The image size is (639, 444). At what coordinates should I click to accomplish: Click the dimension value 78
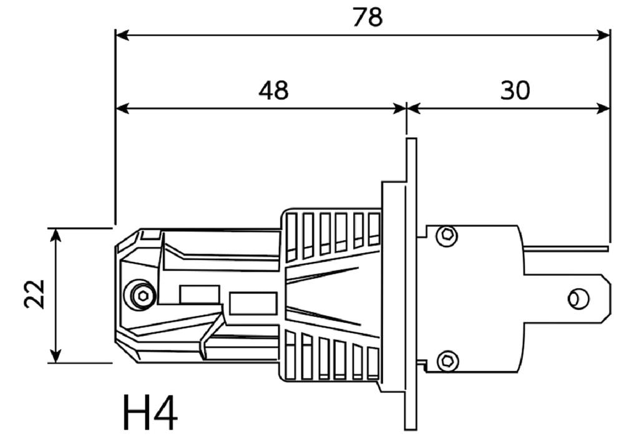[x=367, y=17]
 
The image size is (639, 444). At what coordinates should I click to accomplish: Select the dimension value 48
[x=273, y=90]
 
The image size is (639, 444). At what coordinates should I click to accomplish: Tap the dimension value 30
[x=515, y=90]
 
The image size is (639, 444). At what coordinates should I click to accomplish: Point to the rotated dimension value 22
[x=34, y=294]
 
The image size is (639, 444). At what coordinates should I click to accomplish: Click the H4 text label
[x=150, y=412]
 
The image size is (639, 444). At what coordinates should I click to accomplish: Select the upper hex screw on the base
[x=447, y=236]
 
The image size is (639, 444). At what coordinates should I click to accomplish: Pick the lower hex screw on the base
[x=447, y=361]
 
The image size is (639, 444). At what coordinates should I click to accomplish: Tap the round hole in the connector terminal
[x=578, y=298]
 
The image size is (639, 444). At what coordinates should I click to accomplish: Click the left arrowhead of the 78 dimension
[x=122, y=35]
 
